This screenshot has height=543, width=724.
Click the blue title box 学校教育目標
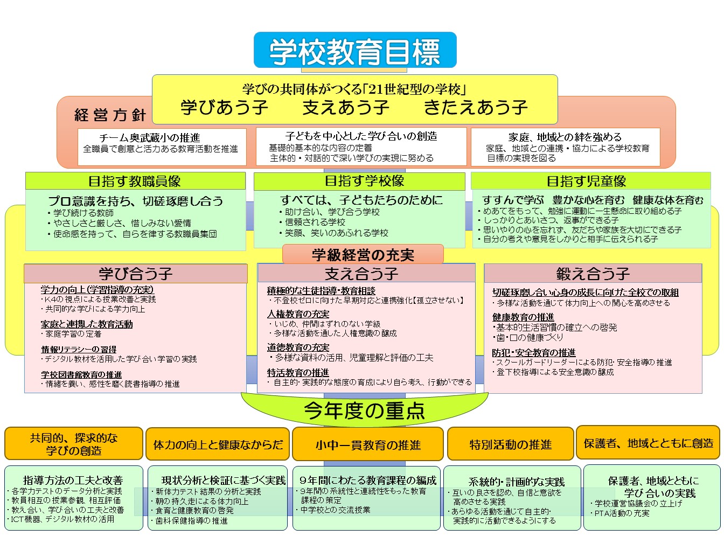click(355, 50)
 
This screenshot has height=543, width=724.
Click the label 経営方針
click(110, 115)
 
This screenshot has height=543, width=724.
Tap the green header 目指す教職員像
click(135, 181)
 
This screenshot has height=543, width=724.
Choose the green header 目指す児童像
click(591, 181)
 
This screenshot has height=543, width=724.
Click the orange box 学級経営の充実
click(363, 254)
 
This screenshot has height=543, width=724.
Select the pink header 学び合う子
click(136, 273)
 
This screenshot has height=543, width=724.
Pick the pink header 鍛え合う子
click(593, 273)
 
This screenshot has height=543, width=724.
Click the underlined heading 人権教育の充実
click(298, 314)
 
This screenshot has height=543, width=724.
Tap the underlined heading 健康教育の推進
click(523, 317)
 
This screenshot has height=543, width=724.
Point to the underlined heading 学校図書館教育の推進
click(81, 374)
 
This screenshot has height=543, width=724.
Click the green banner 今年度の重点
click(365, 410)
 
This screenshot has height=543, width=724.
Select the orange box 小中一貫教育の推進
click(368, 444)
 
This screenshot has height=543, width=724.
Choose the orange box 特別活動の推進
click(510, 444)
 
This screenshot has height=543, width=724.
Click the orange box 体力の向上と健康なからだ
click(218, 444)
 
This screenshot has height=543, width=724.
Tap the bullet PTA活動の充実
click(620, 513)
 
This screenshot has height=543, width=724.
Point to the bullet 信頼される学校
click(312, 222)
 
